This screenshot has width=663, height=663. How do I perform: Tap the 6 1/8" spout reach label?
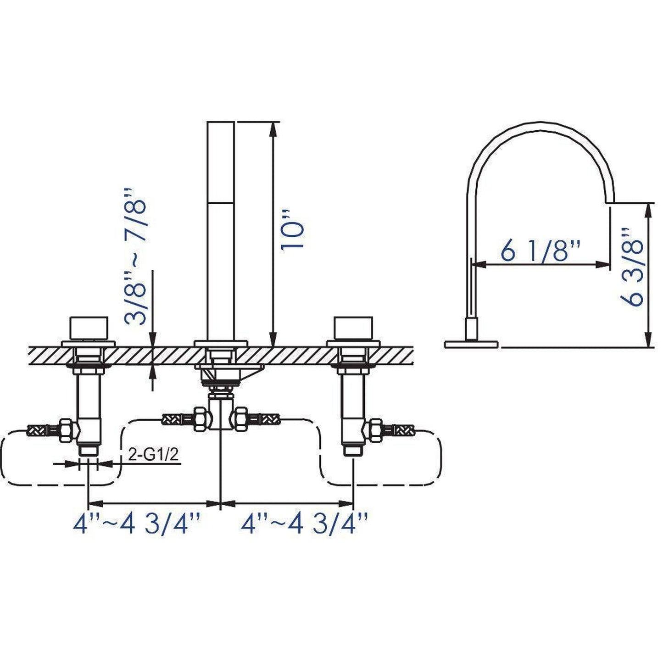540,251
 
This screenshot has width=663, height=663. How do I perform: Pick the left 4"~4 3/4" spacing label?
137,524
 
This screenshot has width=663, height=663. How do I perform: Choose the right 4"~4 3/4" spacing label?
305,524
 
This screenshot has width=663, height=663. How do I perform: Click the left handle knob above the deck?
89,328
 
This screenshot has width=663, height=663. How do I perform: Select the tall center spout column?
221,229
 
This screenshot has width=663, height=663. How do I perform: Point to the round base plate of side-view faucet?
472,343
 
